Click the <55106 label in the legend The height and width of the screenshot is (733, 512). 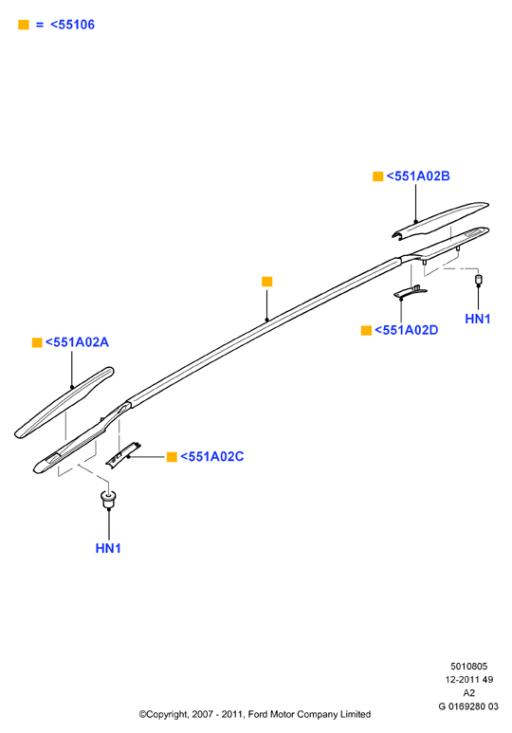72,25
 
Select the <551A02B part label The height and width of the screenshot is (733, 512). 418,175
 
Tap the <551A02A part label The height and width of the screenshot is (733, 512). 77,342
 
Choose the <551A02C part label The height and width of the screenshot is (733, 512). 212,456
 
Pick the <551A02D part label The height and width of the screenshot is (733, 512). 407,330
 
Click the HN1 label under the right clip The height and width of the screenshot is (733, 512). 478,319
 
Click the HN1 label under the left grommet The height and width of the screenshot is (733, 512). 108,548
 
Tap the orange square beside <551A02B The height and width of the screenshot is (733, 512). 377,176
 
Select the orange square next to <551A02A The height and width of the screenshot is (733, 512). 37,342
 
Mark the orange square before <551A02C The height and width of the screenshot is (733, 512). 172,457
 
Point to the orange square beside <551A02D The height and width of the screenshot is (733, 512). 366,331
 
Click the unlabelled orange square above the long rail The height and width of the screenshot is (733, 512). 267,282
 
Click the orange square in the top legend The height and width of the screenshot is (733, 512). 24,25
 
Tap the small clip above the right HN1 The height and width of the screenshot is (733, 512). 478,280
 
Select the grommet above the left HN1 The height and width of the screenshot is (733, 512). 108,499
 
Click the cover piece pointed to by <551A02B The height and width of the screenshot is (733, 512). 440,220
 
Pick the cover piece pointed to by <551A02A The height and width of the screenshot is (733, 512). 64,402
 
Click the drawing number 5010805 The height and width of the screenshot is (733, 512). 468,667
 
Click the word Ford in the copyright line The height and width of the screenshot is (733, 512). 257,714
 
